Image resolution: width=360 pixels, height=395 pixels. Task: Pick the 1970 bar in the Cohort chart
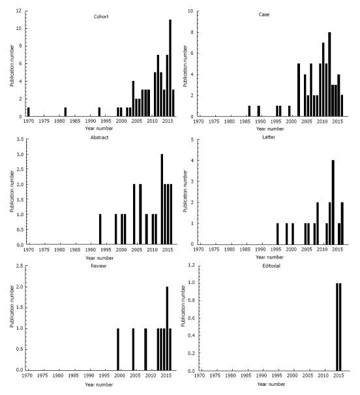click(29, 112)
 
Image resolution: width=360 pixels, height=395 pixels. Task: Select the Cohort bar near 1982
click(65, 112)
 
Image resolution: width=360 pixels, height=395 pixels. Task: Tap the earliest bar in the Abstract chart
click(100, 229)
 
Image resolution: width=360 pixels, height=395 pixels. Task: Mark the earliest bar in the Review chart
click(118, 349)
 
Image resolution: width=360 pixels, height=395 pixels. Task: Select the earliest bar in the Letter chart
click(277, 234)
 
